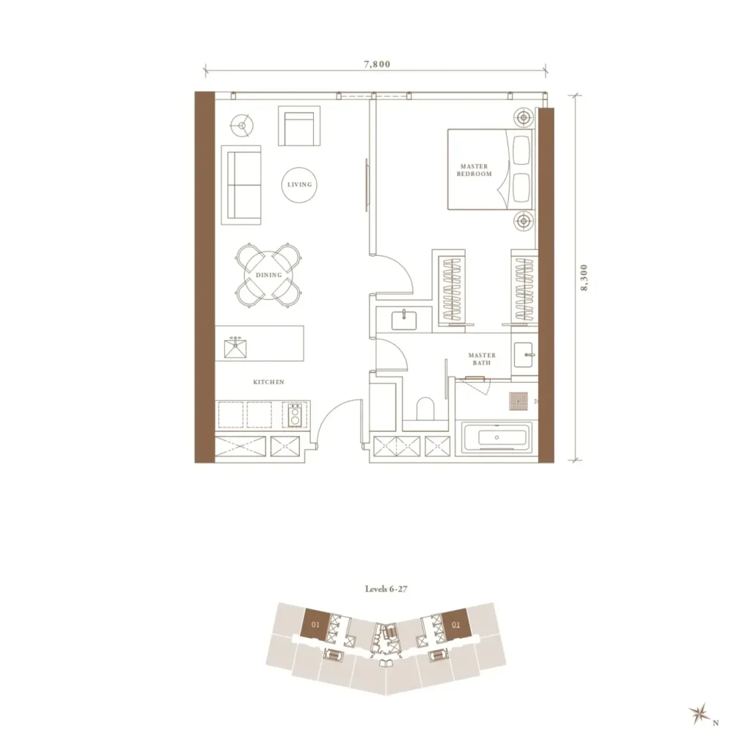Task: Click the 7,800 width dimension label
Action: (377, 65)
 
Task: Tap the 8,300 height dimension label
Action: (584, 278)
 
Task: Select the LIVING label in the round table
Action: (299, 184)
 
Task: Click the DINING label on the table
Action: (268, 275)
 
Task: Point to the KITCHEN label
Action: (268, 381)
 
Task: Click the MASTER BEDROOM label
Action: (475, 170)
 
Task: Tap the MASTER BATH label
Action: (482, 359)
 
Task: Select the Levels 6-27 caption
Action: (386, 589)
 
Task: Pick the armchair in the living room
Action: (299, 126)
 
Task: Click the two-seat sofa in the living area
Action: (241, 185)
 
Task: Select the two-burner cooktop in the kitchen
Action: (295, 415)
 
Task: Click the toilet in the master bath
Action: (425, 409)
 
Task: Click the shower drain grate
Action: (519, 401)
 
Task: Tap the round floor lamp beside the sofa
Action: (242, 126)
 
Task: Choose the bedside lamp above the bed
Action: (524, 117)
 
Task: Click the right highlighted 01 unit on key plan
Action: (455, 623)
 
